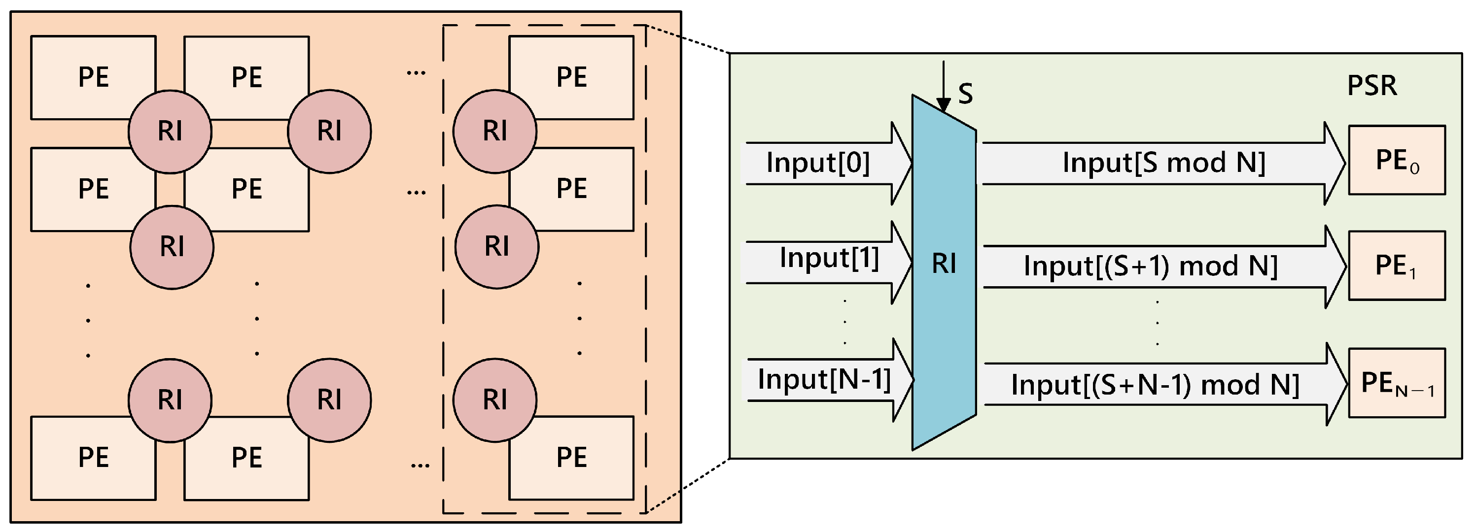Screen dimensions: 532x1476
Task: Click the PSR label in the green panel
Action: (1371, 86)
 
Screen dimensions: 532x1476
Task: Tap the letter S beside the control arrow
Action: (965, 93)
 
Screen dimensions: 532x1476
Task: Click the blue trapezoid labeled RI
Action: (944, 272)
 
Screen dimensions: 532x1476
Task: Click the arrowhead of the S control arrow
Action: (943, 105)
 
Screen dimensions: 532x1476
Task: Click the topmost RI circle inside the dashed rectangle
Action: (494, 131)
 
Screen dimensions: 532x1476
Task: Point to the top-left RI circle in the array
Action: (170, 131)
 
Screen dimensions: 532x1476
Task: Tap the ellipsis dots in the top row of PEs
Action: (416, 73)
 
